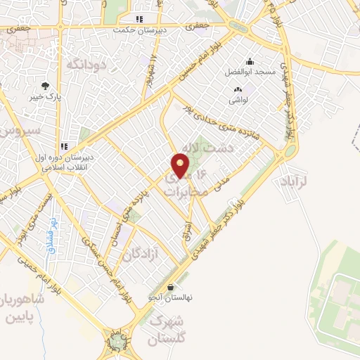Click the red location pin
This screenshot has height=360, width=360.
point(181,166)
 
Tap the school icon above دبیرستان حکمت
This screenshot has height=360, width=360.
point(140,19)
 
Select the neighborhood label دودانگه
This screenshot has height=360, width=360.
point(84,65)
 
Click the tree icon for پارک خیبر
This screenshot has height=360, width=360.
point(45,86)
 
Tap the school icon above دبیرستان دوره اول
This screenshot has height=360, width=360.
point(64,146)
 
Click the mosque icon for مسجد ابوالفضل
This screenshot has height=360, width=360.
point(250,61)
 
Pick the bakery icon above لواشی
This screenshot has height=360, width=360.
point(237,89)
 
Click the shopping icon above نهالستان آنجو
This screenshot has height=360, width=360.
point(162,287)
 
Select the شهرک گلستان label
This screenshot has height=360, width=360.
point(167,330)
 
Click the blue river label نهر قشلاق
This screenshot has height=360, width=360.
point(51,231)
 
